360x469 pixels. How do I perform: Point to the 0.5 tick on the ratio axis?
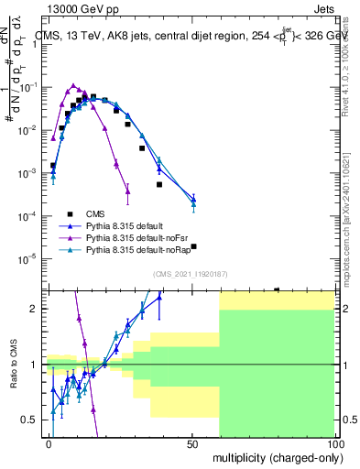point(35,420)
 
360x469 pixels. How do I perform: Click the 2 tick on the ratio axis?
point(39,309)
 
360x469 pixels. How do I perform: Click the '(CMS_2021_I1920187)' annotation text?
point(191,274)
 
